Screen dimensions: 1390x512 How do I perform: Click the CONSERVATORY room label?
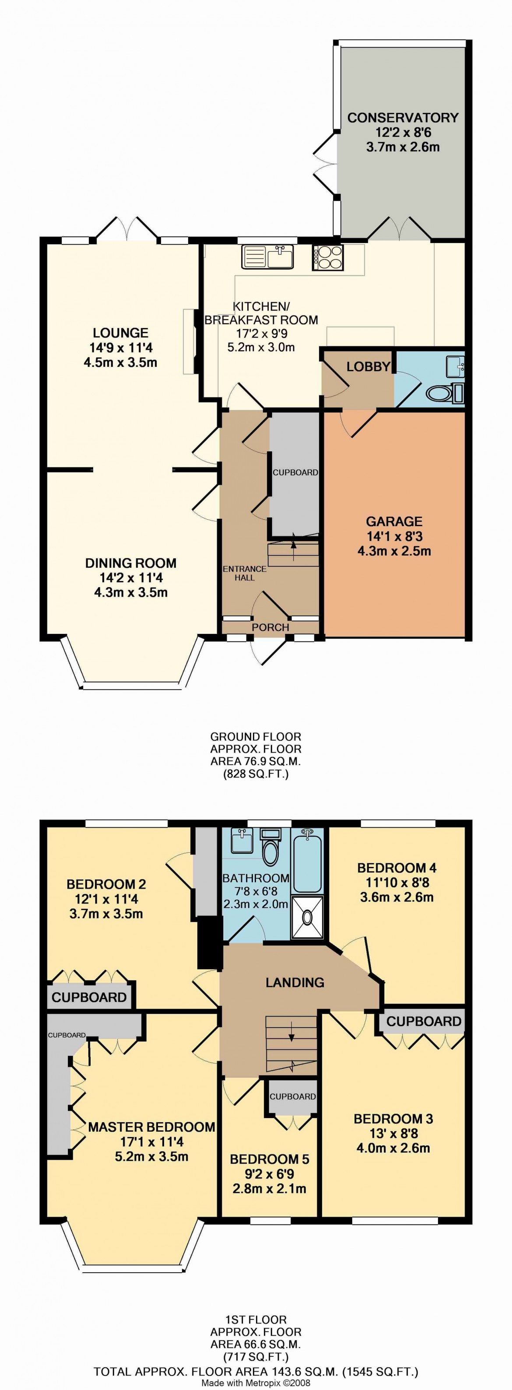click(403, 118)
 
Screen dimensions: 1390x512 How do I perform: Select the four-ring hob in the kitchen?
click(327, 257)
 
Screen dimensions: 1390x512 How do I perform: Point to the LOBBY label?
click(368, 367)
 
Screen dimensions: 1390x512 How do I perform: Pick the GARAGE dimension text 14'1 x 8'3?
click(394, 536)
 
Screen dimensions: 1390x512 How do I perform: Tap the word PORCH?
click(270, 627)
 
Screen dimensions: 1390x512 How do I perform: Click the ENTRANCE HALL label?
click(244, 573)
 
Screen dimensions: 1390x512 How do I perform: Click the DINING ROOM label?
click(130, 563)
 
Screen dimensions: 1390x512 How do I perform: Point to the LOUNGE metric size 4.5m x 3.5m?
click(120, 362)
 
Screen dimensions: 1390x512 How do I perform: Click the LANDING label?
click(295, 982)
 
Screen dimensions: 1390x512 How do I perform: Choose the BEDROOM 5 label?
click(269, 1158)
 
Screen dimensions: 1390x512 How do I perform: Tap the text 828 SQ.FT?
click(256, 774)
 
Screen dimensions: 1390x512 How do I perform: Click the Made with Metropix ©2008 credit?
click(256, 1383)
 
